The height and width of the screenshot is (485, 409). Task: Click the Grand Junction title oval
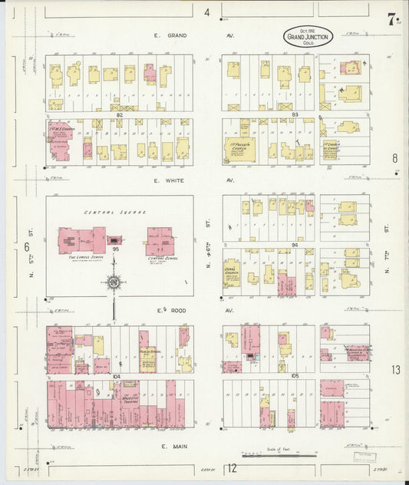coord(309,36)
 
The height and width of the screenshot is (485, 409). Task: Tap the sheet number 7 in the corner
coord(392,20)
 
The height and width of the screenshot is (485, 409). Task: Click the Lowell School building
coord(81,239)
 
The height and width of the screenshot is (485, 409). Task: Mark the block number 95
coord(116,249)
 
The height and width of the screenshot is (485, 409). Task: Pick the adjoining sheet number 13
coord(395,370)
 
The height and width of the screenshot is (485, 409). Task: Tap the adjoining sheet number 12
coord(231,468)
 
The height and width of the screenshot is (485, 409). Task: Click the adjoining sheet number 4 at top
coord(206,12)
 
